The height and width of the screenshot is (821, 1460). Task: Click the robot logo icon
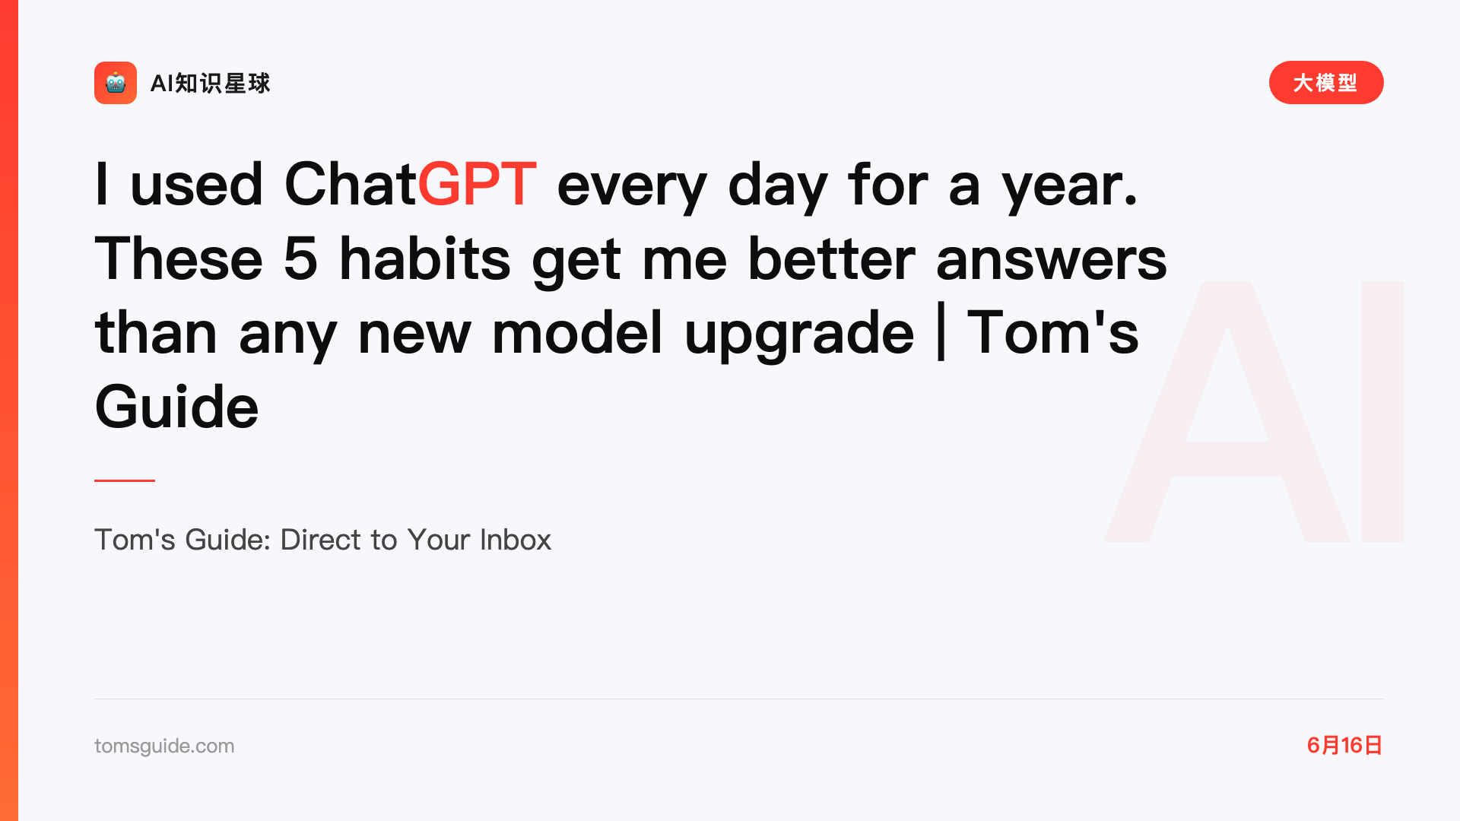(x=116, y=83)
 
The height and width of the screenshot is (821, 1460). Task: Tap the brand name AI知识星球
(x=210, y=83)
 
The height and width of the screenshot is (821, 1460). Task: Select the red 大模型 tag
(x=1326, y=82)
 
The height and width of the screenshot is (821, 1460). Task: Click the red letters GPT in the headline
(x=477, y=184)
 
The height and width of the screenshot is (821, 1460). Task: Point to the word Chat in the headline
(x=351, y=184)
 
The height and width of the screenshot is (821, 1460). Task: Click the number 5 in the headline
(x=300, y=258)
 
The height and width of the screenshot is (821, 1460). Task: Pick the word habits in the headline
(x=424, y=258)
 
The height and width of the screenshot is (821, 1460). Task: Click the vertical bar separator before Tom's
(x=941, y=331)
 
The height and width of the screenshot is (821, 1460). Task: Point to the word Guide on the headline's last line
(x=176, y=407)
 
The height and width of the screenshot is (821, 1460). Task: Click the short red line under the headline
(x=125, y=480)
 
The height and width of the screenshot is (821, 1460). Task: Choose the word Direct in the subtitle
(x=321, y=540)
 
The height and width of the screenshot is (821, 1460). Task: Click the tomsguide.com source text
(x=164, y=746)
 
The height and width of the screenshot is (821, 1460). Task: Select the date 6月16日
(x=1344, y=745)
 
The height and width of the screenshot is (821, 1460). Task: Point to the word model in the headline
(x=577, y=331)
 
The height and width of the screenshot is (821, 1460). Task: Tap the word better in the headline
(x=831, y=258)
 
